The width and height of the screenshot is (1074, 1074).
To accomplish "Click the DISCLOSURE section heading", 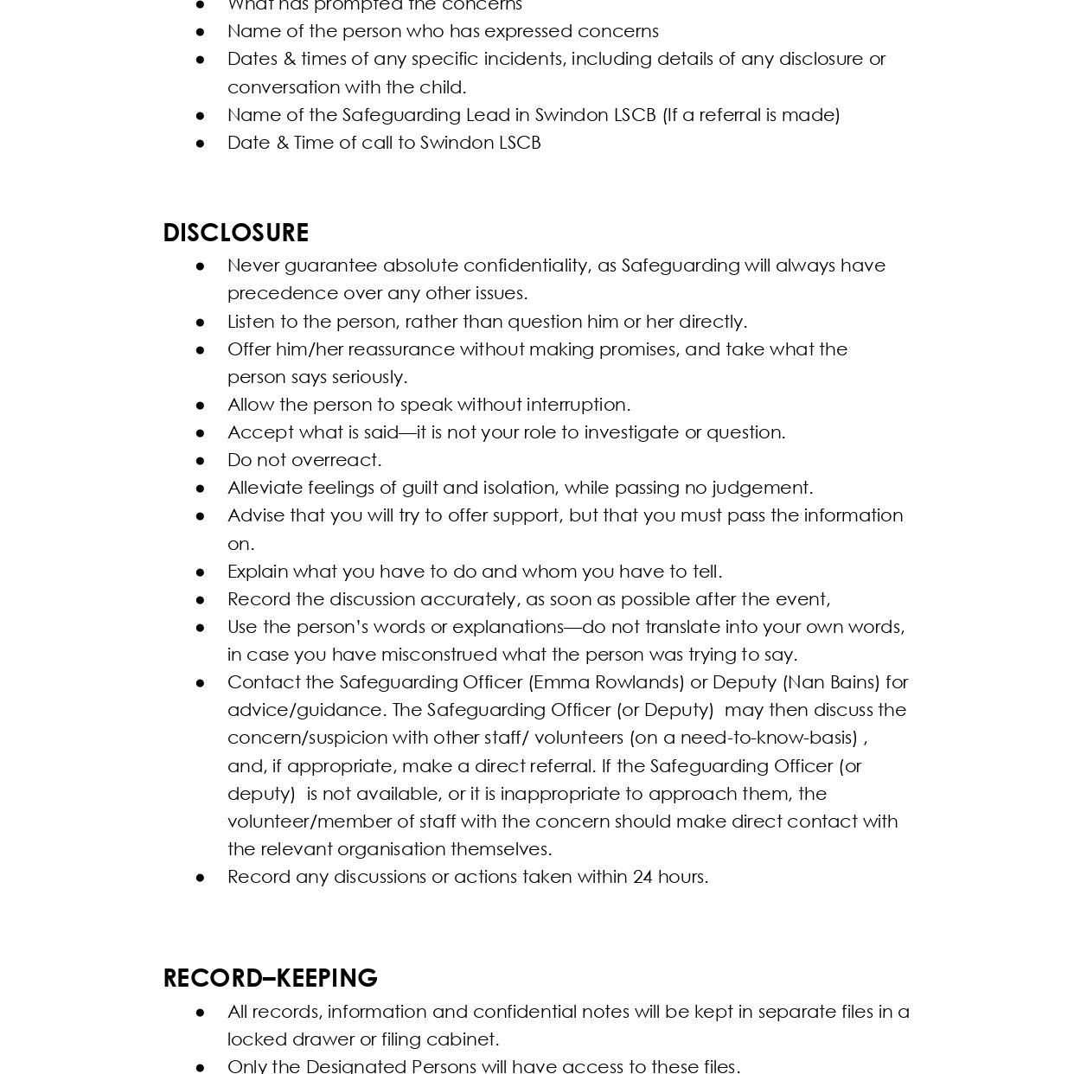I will pos(235,233).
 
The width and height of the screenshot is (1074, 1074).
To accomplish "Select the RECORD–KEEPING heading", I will pos(270,978).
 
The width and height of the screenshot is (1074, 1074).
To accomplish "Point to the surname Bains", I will pos(851,682).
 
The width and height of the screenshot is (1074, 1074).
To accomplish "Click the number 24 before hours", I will pos(642,877).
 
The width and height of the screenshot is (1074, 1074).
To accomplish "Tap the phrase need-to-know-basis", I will pos(769,738).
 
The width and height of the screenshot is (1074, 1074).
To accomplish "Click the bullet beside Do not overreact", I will pos(201,461).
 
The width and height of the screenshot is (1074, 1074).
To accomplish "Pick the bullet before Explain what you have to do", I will pos(201,572).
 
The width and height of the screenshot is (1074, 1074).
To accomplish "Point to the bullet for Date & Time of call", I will pos(201,144).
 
